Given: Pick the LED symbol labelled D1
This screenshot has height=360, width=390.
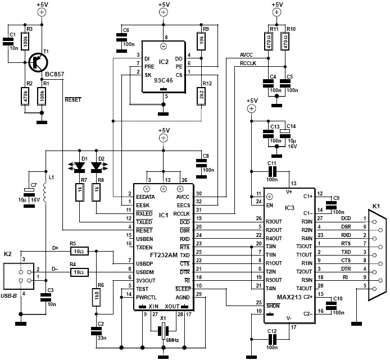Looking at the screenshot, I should (x=80, y=166).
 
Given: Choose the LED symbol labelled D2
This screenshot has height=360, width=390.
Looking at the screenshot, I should (x=97, y=166).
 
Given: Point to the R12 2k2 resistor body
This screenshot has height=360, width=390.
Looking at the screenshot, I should (x=201, y=96).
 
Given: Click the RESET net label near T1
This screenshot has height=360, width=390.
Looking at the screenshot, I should (x=74, y=99).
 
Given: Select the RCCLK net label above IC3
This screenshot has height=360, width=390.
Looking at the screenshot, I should (x=247, y=63).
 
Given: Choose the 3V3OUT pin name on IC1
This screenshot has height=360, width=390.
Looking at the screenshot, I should (x=146, y=278).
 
